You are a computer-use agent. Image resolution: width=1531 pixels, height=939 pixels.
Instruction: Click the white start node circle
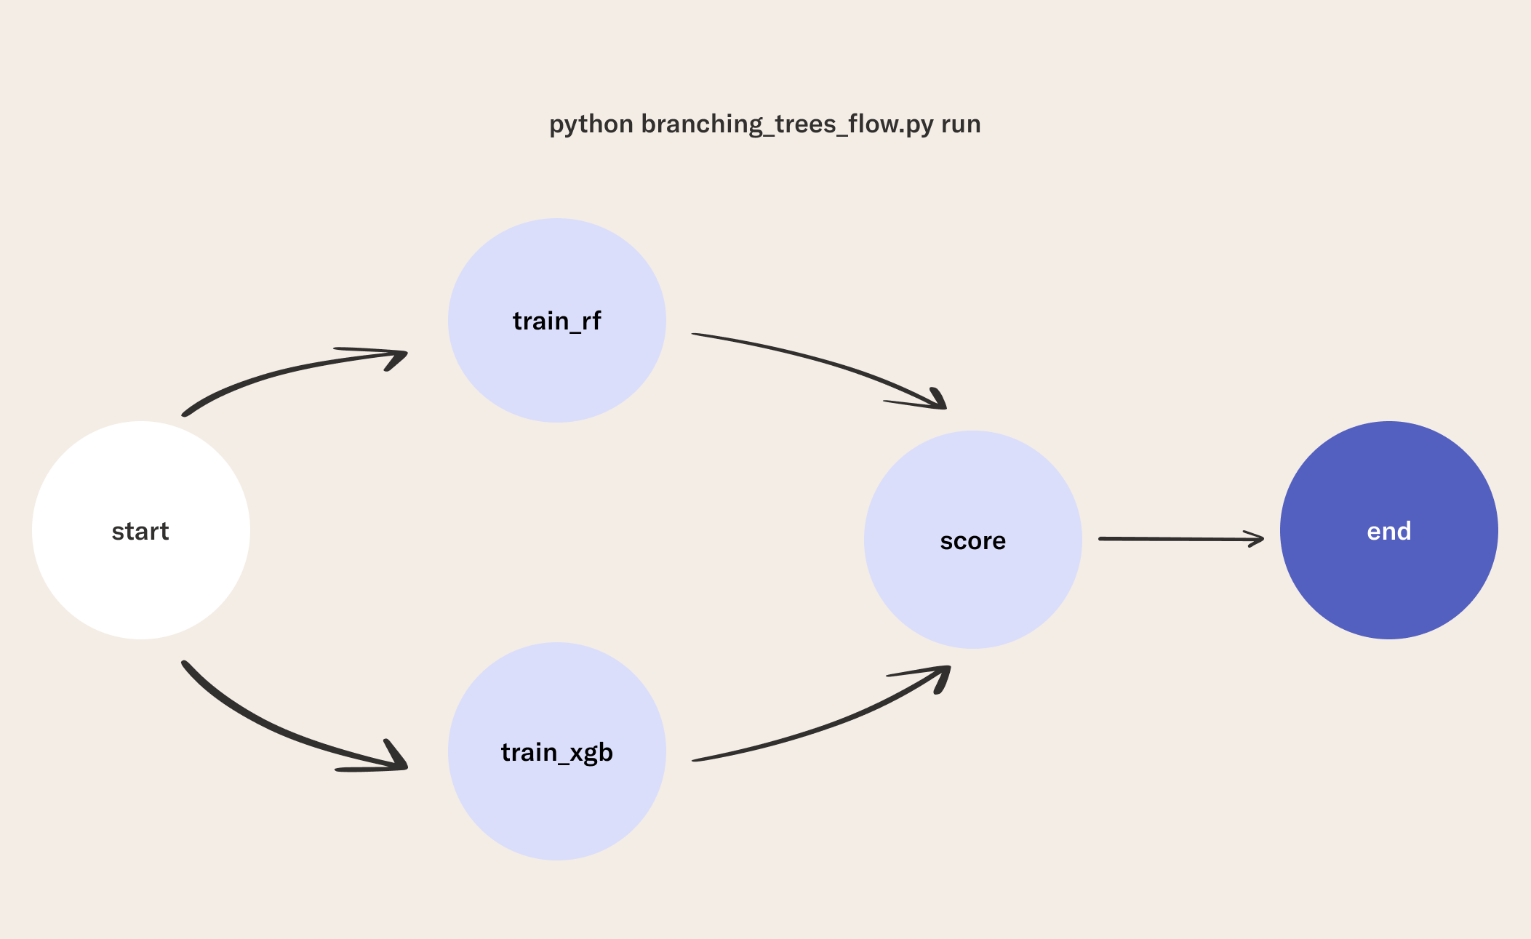(x=141, y=530)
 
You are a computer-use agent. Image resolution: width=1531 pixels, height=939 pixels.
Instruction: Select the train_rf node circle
(x=557, y=320)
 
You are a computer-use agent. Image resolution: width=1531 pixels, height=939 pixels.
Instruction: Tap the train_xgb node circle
(x=557, y=751)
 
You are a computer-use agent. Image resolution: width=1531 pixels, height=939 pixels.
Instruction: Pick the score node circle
(x=973, y=540)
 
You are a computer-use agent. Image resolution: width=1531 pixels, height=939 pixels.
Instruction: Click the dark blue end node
(x=1389, y=530)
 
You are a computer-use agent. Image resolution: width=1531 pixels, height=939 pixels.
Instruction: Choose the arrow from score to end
(x=1181, y=539)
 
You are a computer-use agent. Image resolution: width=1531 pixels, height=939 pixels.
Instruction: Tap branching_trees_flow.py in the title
(x=787, y=124)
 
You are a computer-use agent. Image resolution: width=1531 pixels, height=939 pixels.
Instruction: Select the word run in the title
(x=961, y=125)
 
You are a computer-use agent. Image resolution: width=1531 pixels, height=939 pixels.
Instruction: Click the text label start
(x=140, y=532)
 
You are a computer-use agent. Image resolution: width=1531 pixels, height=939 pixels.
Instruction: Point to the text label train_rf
(x=557, y=321)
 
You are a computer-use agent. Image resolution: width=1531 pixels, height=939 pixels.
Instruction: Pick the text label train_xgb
(x=557, y=753)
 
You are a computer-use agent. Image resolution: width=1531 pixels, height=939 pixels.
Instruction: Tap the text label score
(x=973, y=541)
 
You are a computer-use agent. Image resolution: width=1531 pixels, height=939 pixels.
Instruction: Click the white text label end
(x=1389, y=531)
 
